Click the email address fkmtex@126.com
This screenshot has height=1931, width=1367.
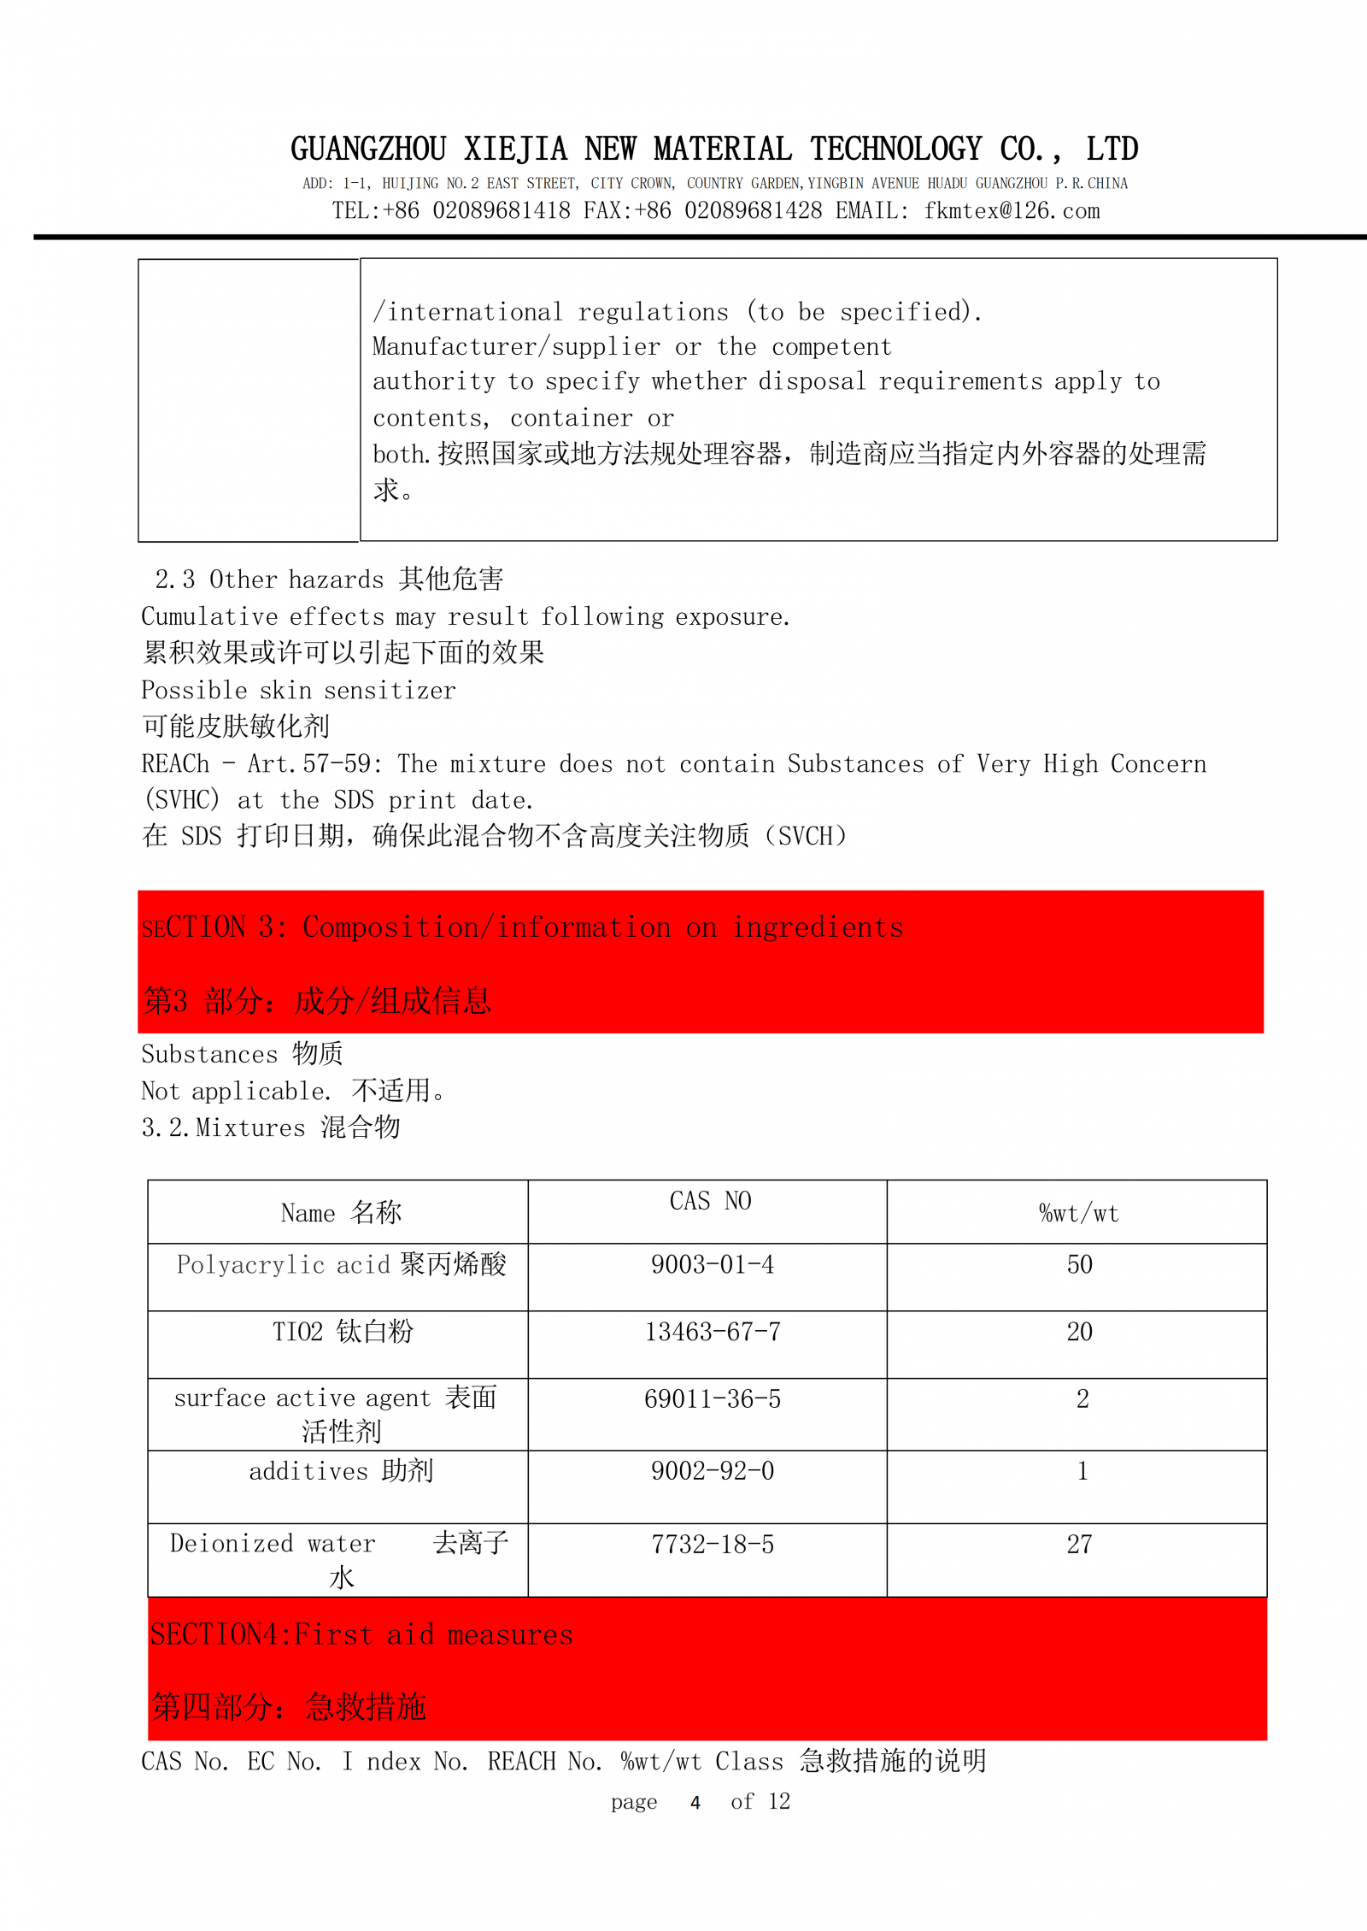(1012, 211)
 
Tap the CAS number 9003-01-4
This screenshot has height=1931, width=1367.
(712, 1264)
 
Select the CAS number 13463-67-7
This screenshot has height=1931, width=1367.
(712, 1332)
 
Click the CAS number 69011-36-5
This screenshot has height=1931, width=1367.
(712, 1399)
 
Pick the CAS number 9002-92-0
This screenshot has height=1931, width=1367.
(712, 1471)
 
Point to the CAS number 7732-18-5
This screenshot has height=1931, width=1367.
(712, 1545)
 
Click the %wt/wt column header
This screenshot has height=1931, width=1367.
(1078, 1213)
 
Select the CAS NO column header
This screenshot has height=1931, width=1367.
(710, 1201)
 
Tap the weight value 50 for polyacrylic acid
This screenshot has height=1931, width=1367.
(1079, 1264)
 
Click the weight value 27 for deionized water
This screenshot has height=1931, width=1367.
(1079, 1545)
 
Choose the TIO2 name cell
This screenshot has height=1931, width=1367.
(342, 1332)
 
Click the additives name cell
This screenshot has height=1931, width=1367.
(341, 1471)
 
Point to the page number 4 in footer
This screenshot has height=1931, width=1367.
(695, 1803)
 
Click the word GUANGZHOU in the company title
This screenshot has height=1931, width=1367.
(368, 150)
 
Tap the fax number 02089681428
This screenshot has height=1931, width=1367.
(753, 211)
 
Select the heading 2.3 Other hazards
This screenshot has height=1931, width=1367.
(329, 580)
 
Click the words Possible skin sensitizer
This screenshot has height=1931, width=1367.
(298, 691)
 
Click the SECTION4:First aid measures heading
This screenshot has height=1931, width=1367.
(361, 1635)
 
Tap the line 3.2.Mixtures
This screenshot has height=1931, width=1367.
(270, 1128)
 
